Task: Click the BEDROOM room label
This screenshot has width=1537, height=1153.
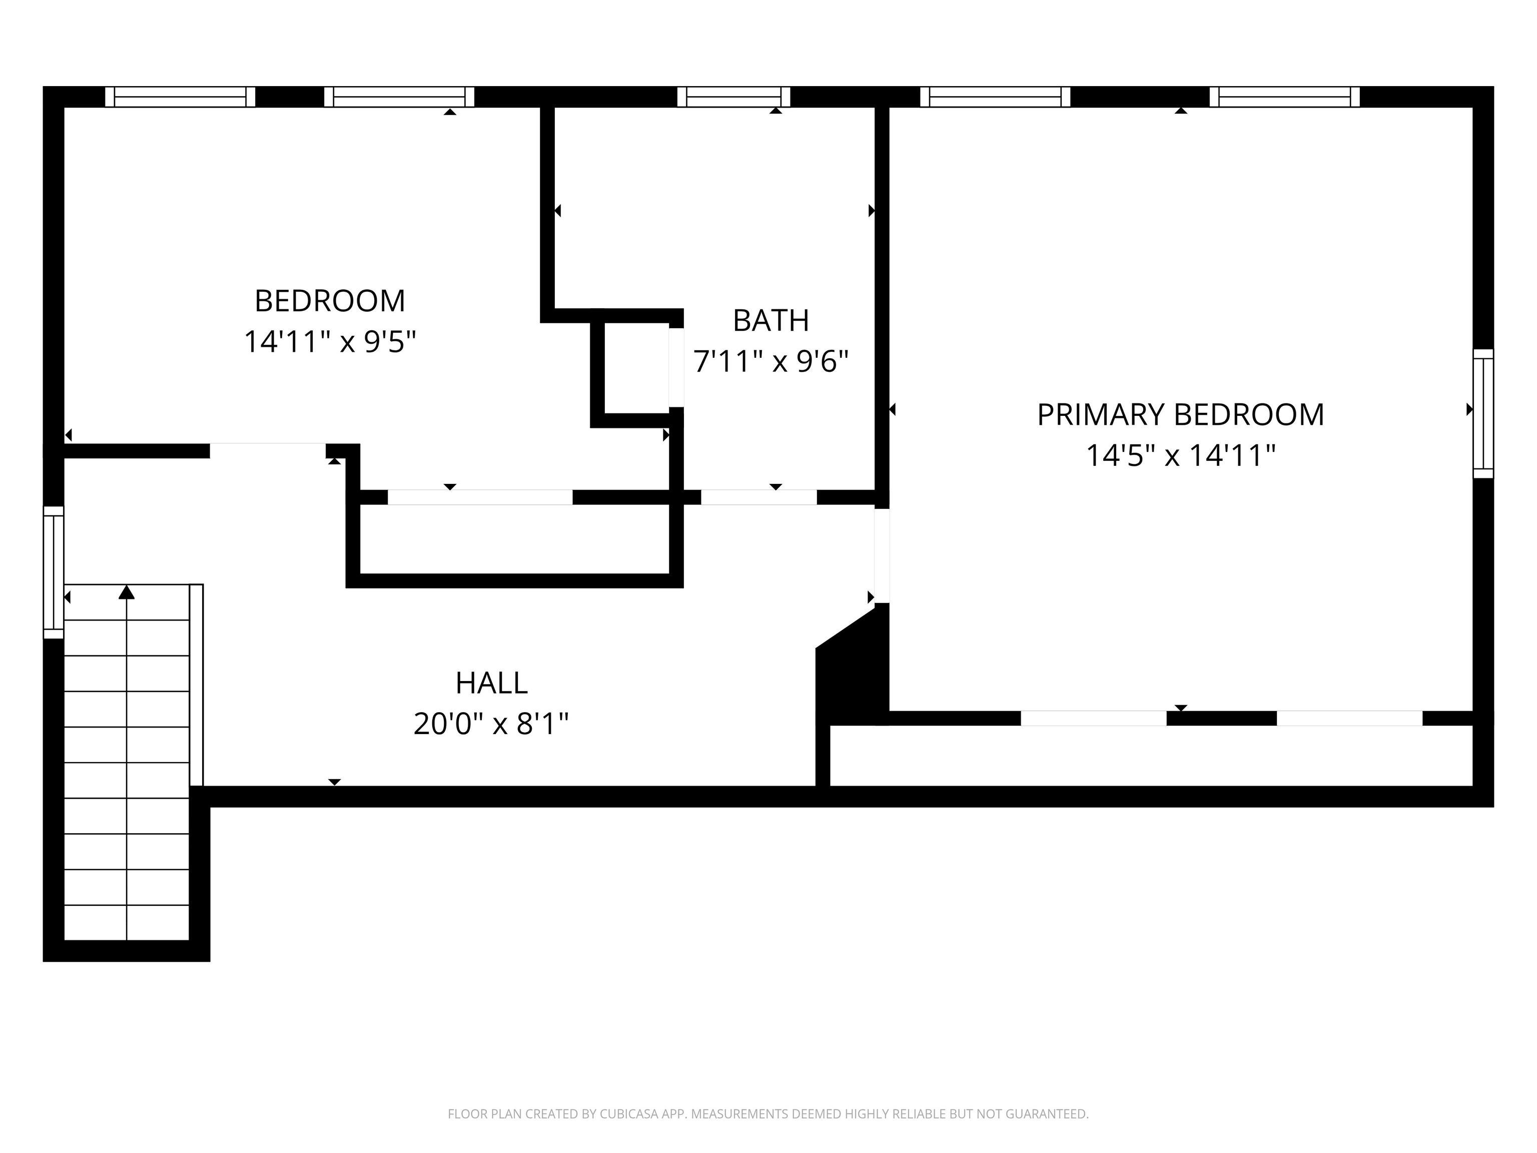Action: click(x=330, y=301)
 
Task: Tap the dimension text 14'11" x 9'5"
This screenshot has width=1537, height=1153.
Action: click(x=330, y=342)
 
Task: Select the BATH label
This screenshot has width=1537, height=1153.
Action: click(x=772, y=320)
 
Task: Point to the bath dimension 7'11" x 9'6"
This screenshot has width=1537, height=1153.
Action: click(x=772, y=361)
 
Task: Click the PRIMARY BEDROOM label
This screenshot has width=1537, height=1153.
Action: click(x=1181, y=415)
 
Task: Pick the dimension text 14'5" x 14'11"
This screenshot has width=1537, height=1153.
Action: click(x=1181, y=456)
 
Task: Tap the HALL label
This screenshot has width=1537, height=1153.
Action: click(x=491, y=683)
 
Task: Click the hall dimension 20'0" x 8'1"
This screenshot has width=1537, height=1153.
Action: click(x=491, y=724)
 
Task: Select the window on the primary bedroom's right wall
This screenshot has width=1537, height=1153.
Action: click(x=1483, y=413)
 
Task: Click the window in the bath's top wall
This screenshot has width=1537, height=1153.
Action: click(x=734, y=97)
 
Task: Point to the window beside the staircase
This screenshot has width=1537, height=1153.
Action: click(x=54, y=572)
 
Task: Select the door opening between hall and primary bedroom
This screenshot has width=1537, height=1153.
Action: click(x=882, y=556)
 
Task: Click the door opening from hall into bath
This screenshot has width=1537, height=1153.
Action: click(x=759, y=497)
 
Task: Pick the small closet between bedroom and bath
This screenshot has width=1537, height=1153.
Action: click(x=636, y=368)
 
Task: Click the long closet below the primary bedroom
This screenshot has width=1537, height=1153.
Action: click(x=1151, y=756)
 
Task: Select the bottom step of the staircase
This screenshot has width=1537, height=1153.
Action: click(x=127, y=923)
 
